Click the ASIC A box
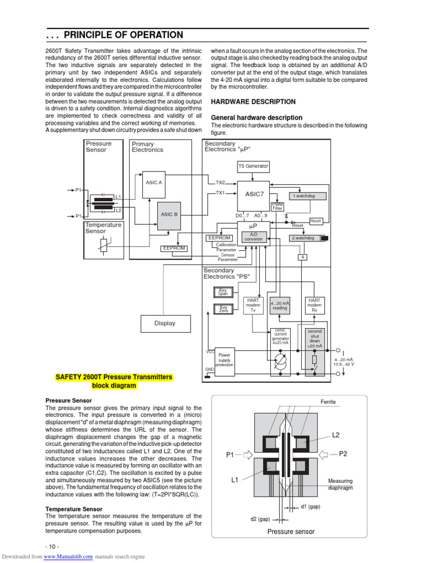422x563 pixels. click(x=153, y=183)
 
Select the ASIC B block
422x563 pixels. click(x=168, y=214)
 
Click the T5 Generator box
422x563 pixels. click(x=253, y=165)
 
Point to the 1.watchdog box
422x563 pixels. click(x=308, y=196)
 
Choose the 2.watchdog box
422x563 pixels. click(x=304, y=238)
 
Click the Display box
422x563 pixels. click(x=164, y=324)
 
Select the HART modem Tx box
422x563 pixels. click(x=253, y=305)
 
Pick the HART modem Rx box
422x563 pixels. click(x=314, y=305)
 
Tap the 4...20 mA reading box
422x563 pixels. click(x=280, y=305)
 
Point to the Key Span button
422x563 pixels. click(x=223, y=292)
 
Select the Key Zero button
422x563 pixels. click(x=223, y=308)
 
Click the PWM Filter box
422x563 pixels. click(x=277, y=207)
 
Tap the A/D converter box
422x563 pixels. click(x=253, y=236)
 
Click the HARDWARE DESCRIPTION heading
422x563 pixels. click(x=253, y=102)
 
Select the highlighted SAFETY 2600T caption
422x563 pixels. click(x=114, y=381)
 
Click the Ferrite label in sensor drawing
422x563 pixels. click(x=328, y=402)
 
